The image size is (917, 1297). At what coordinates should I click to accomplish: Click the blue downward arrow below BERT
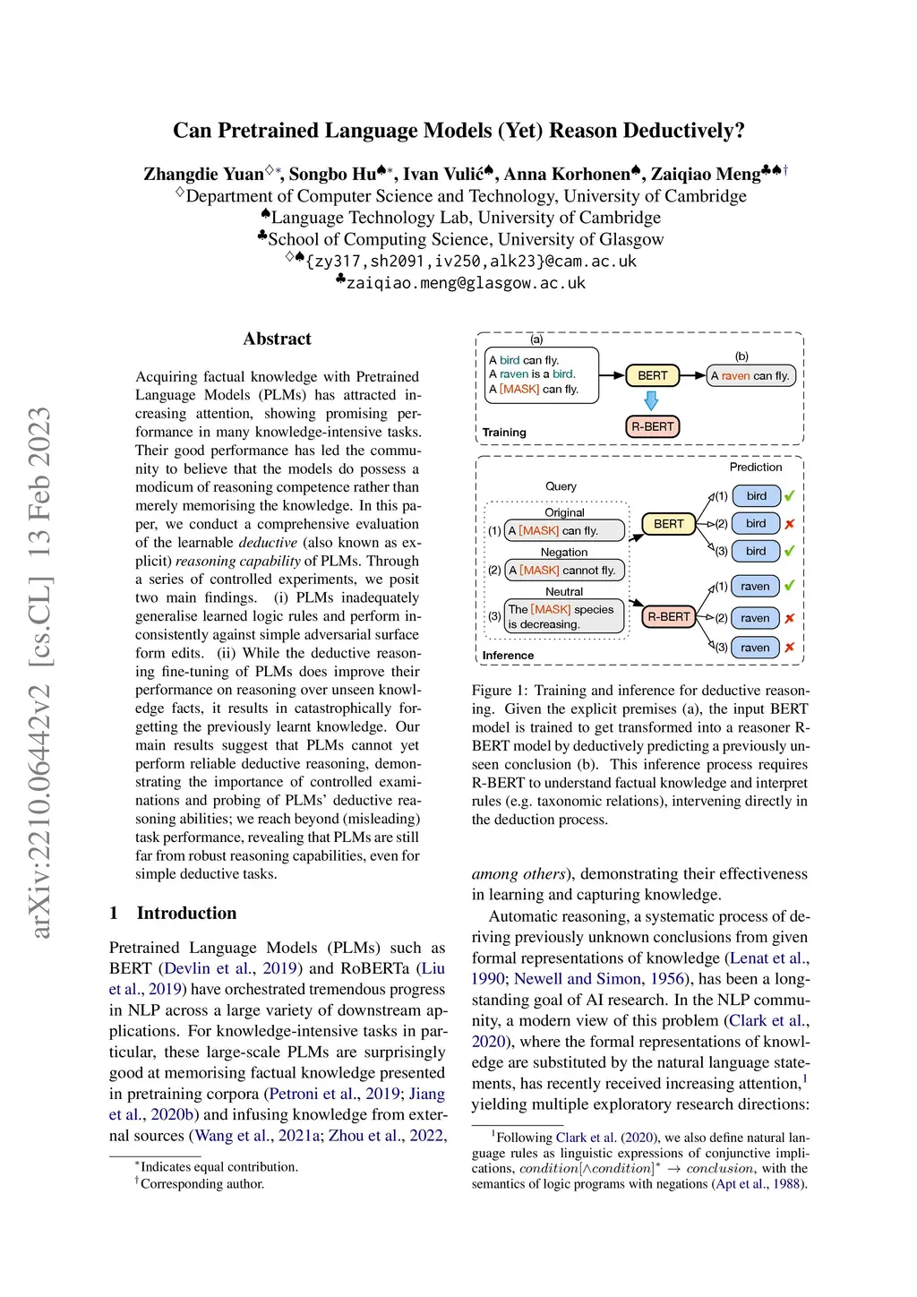651,400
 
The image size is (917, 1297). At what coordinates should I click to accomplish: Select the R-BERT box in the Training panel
652,426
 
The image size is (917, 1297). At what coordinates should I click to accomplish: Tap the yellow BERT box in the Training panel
652,375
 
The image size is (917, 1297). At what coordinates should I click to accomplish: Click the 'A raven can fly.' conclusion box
750,375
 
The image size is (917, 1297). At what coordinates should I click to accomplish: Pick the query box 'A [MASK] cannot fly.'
564,570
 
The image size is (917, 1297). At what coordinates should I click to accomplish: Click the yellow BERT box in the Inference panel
668,524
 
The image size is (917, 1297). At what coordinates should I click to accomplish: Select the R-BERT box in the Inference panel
668,616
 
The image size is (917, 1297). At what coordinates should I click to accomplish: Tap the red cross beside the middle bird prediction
789,524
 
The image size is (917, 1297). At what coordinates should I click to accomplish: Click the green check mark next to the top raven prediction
789,586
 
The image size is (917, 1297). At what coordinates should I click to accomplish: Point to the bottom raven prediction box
755,647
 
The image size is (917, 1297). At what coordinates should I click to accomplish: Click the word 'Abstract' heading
278,339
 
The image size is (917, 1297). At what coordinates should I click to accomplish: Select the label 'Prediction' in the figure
755,467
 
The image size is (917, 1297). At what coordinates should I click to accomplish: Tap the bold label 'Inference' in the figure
508,655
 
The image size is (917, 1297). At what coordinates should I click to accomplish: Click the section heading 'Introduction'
186,913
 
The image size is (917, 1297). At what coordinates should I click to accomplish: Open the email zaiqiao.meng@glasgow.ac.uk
466,283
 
